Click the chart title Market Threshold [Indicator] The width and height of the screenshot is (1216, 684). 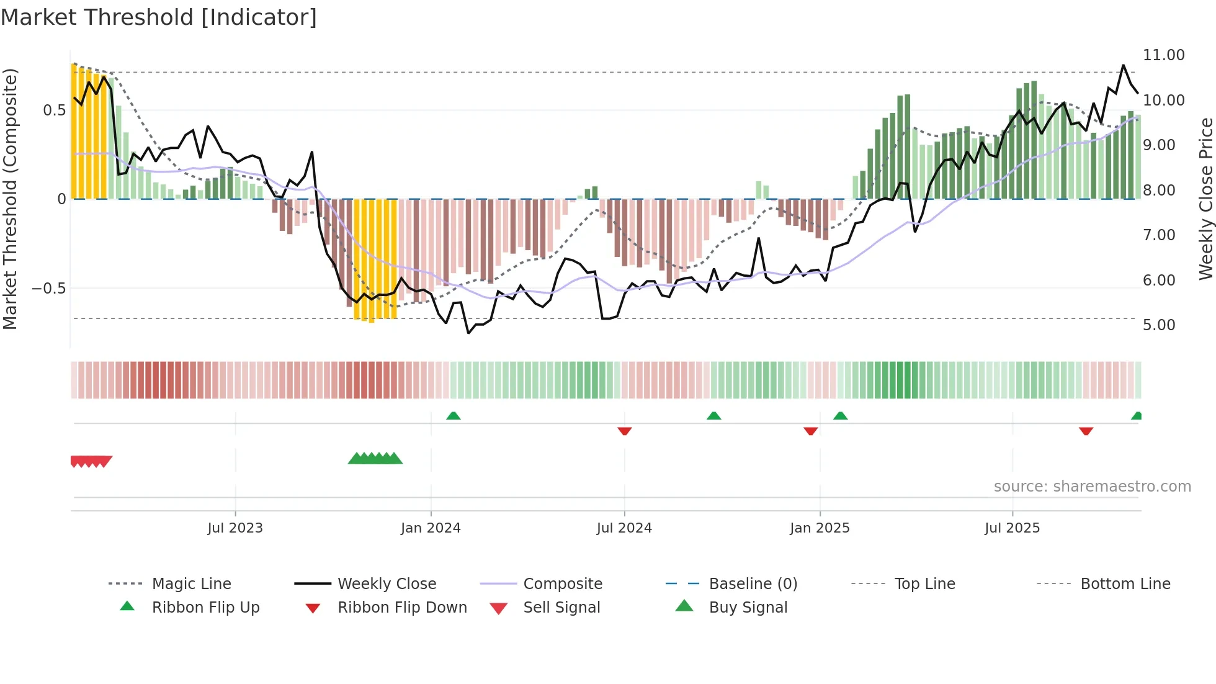point(159,17)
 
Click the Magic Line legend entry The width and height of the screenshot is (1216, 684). point(191,584)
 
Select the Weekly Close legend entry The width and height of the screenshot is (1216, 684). point(387,584)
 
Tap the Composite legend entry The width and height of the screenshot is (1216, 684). point(562,584)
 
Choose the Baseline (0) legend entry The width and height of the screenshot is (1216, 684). point(753,584)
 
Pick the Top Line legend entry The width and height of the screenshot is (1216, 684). point(924,584)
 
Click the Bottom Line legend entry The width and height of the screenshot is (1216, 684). point(1125,584)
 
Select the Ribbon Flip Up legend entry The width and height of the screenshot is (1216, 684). point(205,608)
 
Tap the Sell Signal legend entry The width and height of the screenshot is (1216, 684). point(561,608)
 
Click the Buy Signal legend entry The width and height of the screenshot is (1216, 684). point(748,608)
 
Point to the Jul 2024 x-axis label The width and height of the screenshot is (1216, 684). point(624,528)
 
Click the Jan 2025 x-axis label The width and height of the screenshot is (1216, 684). point(820,528)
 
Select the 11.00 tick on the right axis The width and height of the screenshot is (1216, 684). point(1163,55)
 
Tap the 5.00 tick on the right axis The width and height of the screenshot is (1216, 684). point(1158,325)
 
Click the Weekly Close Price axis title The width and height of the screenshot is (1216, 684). point(1205,199)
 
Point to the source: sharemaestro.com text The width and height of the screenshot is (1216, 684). point(1092,487)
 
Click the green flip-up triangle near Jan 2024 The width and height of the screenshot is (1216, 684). point(454,416)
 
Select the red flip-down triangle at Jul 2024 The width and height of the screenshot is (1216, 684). point(625,431)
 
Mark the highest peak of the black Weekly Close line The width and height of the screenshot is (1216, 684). point(1123,65)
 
